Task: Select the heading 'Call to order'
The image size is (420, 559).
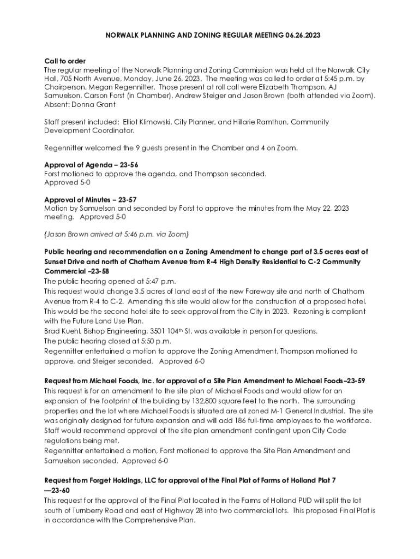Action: (x=64, y=61)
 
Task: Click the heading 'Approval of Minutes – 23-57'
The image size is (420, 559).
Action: (x=90, y=200)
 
